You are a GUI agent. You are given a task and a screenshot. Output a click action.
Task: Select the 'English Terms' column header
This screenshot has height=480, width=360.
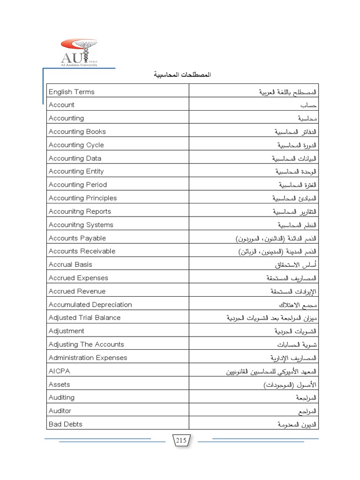coord(71,92)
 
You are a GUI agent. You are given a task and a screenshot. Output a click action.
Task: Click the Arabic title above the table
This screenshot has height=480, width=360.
coord(180,75)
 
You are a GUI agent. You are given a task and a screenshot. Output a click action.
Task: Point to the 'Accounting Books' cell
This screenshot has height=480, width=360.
coord(77,132)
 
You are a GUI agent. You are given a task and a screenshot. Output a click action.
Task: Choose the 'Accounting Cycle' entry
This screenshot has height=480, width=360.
coord(76,145)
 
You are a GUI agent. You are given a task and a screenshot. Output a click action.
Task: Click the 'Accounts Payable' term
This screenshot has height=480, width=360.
coord(77,238)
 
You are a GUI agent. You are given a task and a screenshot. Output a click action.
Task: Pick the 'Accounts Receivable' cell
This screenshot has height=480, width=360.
coord(82,251)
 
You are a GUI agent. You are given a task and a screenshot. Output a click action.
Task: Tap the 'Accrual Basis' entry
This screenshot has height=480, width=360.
coord(71,264)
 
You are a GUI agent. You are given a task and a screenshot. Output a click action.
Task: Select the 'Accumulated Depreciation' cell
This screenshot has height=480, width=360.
coord(90,305)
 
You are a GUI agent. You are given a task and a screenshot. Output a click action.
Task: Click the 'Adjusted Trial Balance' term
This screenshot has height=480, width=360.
coord(85,318)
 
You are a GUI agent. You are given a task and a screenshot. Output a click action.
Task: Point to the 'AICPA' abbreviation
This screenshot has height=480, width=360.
coord(59,371)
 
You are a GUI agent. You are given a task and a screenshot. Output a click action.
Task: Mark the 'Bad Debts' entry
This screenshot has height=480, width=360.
coord(66,424)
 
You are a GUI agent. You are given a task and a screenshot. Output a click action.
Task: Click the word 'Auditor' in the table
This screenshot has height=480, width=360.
coord(60,411)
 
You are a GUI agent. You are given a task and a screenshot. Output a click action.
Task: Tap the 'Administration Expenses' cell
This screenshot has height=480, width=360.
coord(88,358)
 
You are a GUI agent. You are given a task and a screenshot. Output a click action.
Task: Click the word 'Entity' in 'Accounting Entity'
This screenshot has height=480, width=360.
coord(96,172)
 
